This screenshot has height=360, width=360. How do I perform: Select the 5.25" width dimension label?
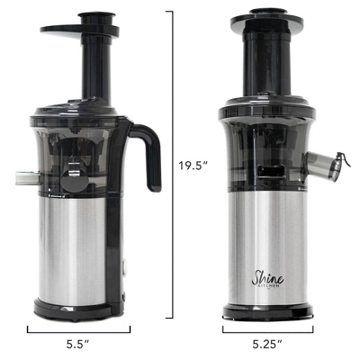pos(267,344)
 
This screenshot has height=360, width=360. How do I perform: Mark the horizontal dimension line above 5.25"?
pos(267,328)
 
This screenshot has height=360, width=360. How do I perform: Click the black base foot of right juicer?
pos(267,312)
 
